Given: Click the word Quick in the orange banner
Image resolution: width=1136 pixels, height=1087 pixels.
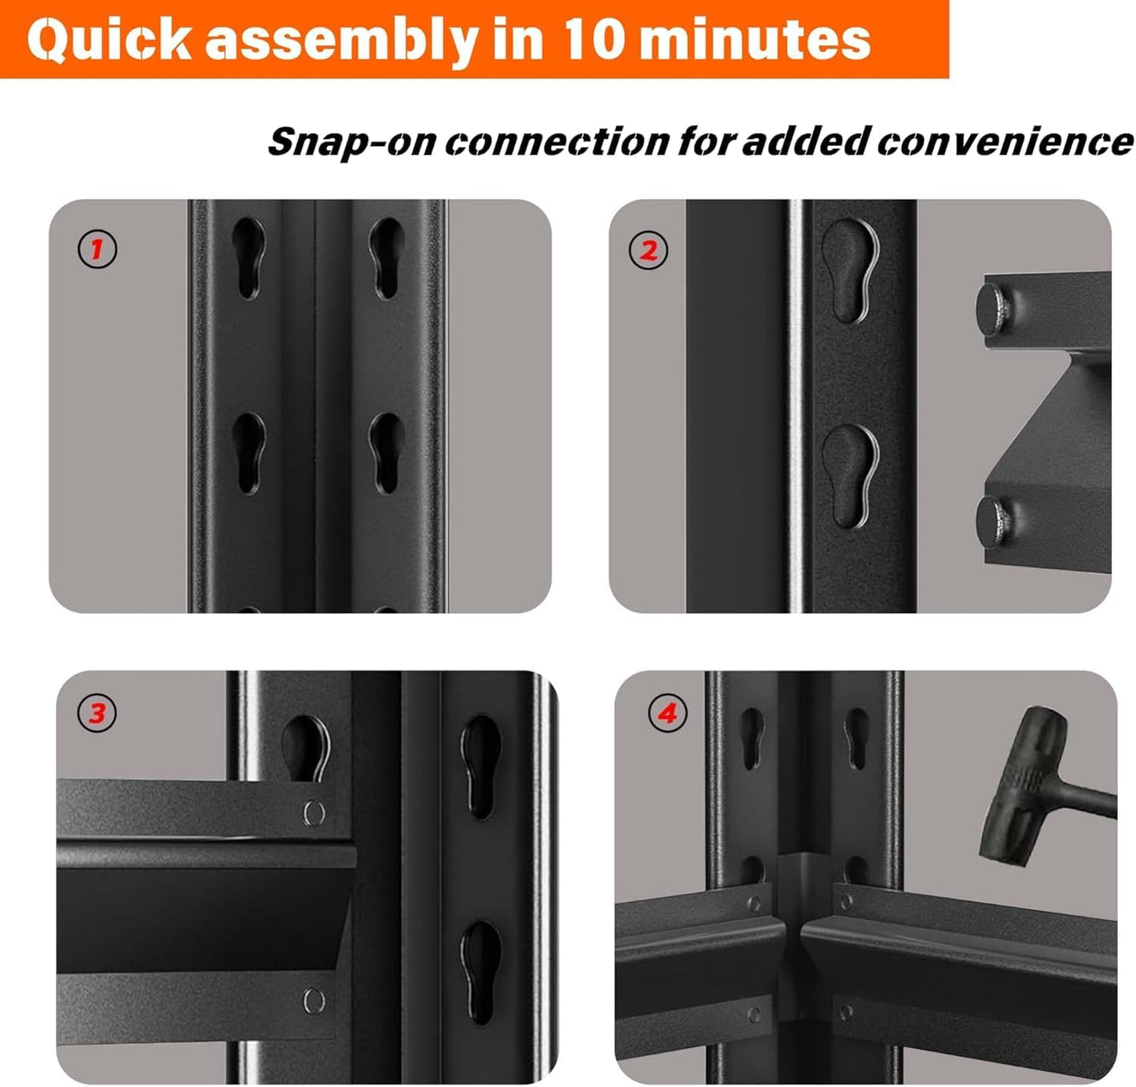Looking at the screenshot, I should [x=109, y=39].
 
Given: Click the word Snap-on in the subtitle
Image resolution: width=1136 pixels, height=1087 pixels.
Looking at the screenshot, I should [x=351, y=143].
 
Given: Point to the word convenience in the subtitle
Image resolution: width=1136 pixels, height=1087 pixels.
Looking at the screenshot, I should [x=1005, y=141].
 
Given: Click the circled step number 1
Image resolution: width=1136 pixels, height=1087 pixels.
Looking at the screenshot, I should [x=97, y=249].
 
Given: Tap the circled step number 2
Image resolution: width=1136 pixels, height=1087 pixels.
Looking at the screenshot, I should [x=649, y=251].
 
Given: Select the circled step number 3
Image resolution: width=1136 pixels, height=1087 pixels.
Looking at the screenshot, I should [x=97, y=714].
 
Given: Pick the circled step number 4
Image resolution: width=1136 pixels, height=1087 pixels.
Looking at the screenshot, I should [x=667, y=714].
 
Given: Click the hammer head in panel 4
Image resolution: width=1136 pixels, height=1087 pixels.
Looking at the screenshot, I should [x=1014, y=786].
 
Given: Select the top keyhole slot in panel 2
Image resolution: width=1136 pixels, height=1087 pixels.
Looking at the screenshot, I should [x=849, y=270].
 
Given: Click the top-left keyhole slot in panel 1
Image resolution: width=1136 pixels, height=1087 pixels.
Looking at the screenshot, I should [x=249, y=258].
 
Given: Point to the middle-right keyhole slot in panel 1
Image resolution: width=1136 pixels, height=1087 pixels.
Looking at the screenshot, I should [x=387, y=452].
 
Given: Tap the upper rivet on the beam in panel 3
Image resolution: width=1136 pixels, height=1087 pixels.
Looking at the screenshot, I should [x=314, y=812].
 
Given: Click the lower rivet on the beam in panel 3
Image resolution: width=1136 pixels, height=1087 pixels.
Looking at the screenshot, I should [x=314, y=1000].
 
